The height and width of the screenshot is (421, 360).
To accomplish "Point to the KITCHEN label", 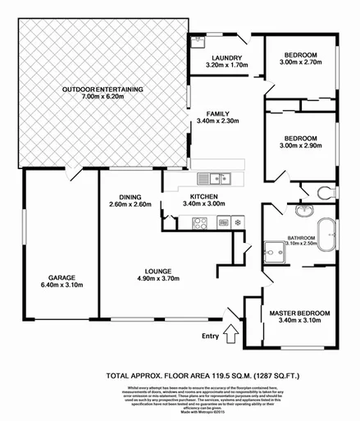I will pyautogui.click(x=203, y=197).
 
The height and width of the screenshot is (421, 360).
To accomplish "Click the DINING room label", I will pyautogui.click(x=130, y=197).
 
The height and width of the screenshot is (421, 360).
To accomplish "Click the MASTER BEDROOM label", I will pyautogui.click(x=299, y=313).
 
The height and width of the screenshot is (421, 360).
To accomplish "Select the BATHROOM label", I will pyautogui.click(x=301, y=237).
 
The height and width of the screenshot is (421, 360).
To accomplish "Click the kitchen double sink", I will pyautogui.click(x=217, y=176).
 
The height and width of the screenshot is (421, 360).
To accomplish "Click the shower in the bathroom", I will pyautogui.click(x=273, y=250).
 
